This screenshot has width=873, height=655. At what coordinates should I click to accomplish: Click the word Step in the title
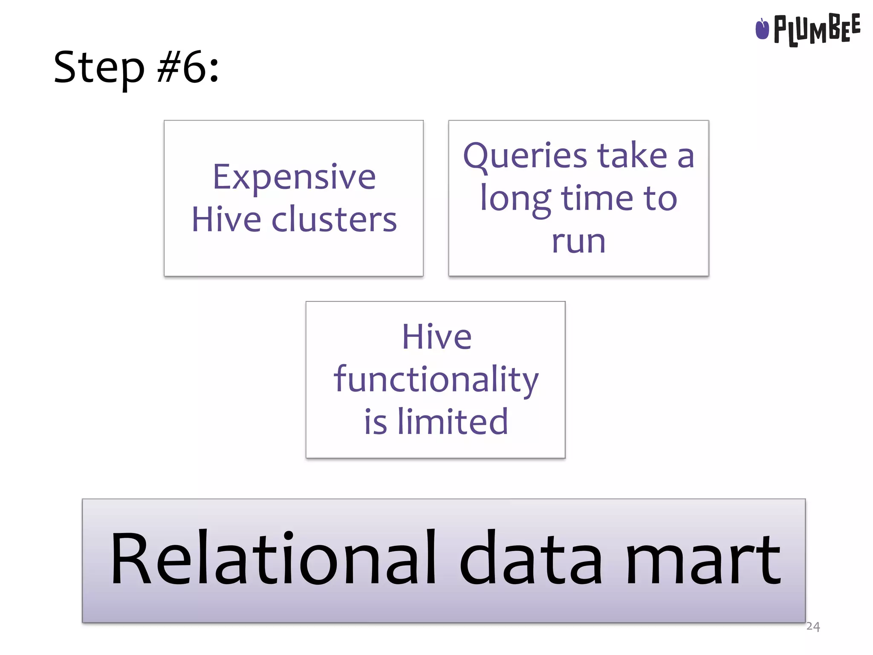[99, 68]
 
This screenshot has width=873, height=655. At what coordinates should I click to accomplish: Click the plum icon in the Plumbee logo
[762, 29]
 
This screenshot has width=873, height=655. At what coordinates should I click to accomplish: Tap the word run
[578, 242]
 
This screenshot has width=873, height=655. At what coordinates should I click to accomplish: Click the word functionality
[436, 380]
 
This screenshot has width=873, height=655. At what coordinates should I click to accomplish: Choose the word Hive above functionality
[437, 337]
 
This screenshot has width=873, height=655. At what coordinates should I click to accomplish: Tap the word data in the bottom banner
[531, 559]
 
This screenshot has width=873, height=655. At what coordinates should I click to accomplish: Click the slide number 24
[813, 626]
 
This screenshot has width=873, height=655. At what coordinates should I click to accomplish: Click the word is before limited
[376, 422]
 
